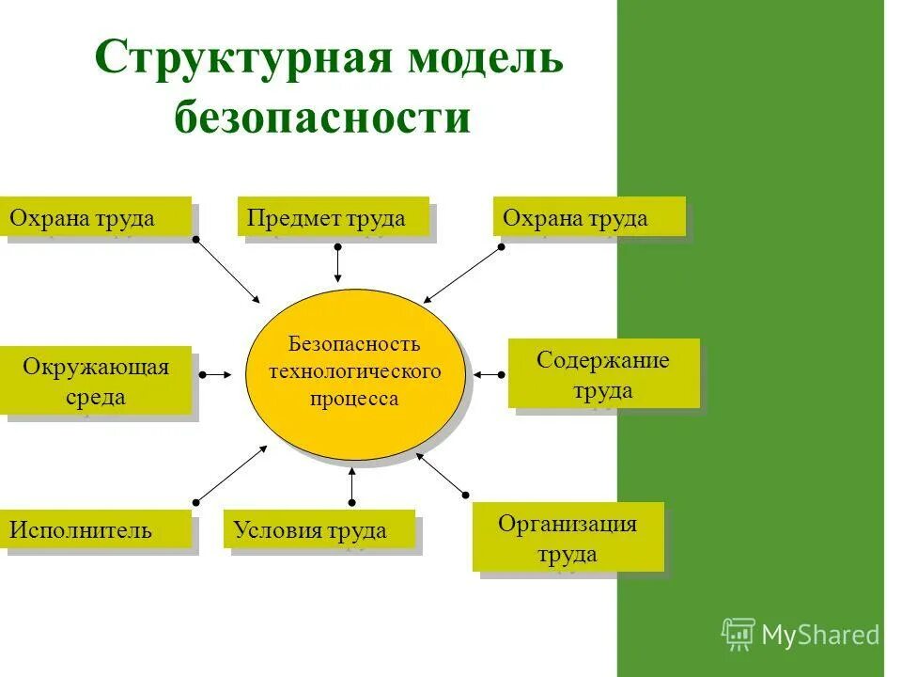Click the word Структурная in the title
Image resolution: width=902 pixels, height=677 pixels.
click(243, 59)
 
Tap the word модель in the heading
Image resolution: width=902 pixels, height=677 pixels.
click(484, 59)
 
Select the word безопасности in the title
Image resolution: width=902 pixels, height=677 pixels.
click(322, 118)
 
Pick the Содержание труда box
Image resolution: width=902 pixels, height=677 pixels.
click(603, 374)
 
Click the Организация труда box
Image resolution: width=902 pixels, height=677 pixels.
click(568, 537)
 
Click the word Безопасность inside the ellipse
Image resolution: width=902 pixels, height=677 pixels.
click(354, 343)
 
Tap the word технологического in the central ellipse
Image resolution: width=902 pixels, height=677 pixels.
click(354, 370)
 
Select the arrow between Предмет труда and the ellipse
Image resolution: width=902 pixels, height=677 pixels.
click(337, 264)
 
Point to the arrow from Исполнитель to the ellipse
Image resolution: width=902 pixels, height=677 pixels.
click(231, 474)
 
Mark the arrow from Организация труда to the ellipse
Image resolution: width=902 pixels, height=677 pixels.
click(441, 473)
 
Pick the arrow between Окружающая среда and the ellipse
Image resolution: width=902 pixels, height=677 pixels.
click(216, 374)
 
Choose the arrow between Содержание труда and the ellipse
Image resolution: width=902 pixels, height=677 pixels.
click(488, 374)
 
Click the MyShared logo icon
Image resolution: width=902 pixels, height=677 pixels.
click(739, 634)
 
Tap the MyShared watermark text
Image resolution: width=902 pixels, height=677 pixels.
click(820, 635)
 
